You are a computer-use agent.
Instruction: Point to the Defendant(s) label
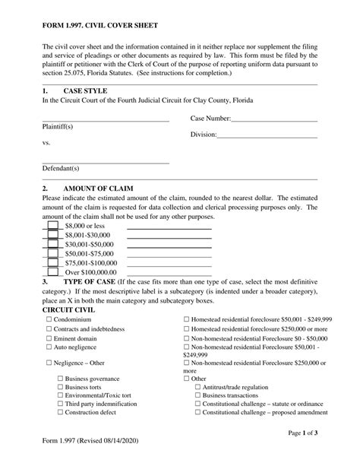click(61, 168)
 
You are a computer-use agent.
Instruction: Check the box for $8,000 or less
click(52, 226)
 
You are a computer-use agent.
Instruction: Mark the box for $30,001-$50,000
click(52, 244)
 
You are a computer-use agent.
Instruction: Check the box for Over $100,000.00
click(52, 271)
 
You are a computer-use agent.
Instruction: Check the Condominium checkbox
click(49, 320)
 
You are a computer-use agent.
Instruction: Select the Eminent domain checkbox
click(49, 338)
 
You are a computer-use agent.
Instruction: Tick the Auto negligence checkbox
click(49, 347)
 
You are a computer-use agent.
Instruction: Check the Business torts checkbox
click(61, 387)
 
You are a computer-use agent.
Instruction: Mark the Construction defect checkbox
click(61, 414)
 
